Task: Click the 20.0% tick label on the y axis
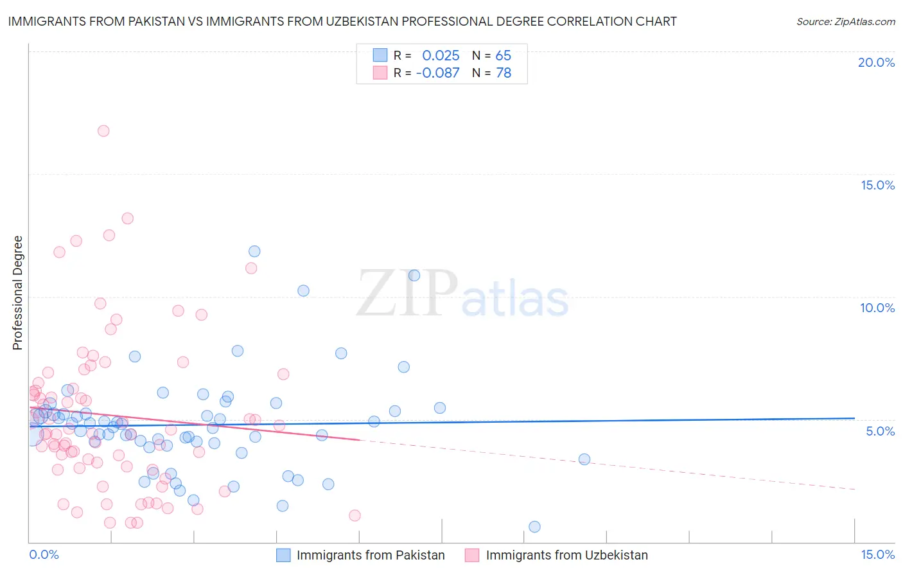(x=876, y=62)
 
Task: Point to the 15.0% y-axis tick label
(x=877, y=185)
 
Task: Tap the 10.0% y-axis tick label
(x=877, y=308)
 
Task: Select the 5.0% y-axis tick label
(x=880, y=431)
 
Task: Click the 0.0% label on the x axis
(x=44, y=554)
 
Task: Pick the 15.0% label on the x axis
(x=877, y=554)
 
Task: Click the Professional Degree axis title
(x=17, y=293)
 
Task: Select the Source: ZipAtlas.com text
(x=845, y=21)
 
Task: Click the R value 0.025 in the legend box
(x=441, y=55)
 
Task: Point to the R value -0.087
(x=438, y=73)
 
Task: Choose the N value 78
(x=504, y=73)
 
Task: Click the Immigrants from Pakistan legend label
(x=371, y=555)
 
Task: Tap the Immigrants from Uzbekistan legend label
(x=567, y=555)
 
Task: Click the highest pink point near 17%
(x=103, y=131)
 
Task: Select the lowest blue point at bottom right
(x=534, y=527)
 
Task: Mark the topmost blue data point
(x=254, y=251)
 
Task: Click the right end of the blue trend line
(x=854, y=418)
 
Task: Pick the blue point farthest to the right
(x=584, y=459)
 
